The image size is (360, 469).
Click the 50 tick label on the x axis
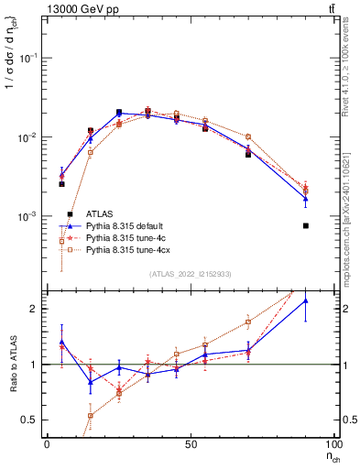pos(191,443)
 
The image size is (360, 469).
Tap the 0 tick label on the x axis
pos(47,443)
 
